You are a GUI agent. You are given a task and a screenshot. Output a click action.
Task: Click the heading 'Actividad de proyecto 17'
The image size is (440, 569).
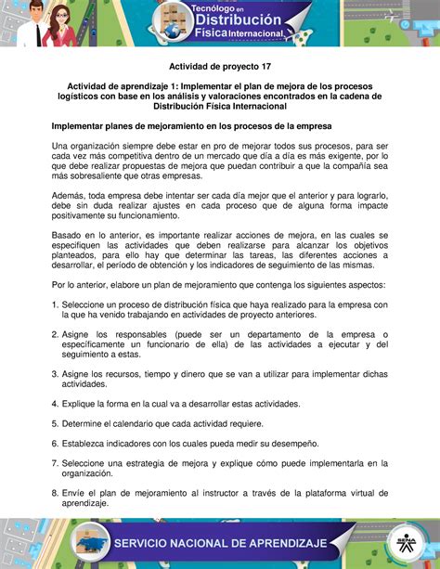pos(219,66)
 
